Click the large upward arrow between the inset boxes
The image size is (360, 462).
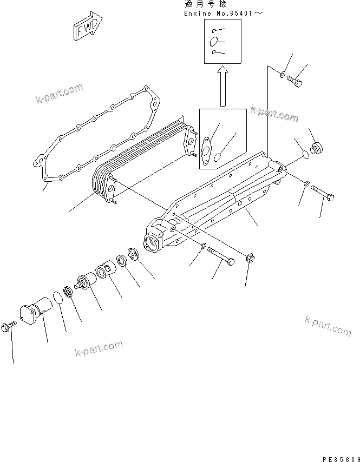click(222, 86)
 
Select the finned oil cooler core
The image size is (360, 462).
click(143, 162)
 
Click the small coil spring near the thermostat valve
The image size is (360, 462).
click(69, 291)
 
